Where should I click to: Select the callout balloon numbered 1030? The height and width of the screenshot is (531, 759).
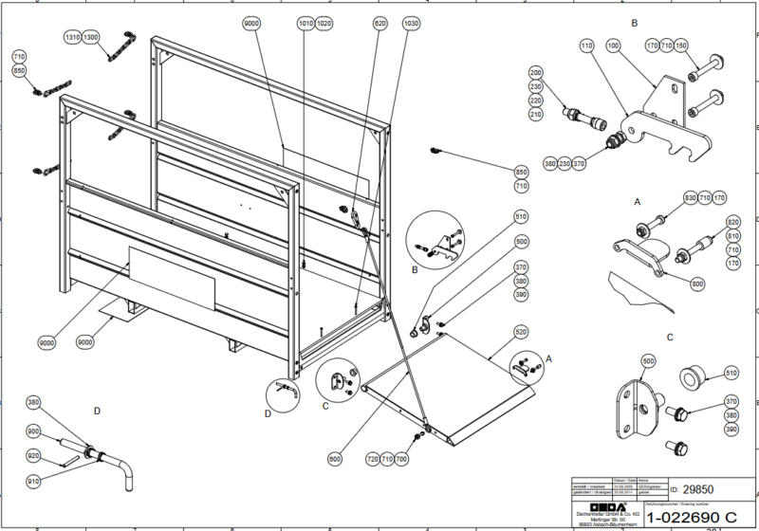pos(410,22)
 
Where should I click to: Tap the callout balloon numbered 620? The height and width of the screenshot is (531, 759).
pos(380,22)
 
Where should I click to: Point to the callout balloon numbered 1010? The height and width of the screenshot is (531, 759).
pos(305,22)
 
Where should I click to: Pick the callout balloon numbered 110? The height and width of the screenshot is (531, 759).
pos(585,45)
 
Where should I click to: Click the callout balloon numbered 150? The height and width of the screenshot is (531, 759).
pos(706,45)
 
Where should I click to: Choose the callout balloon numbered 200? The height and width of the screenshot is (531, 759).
pos(535,73)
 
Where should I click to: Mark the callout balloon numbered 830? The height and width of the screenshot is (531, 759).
pos(691,197)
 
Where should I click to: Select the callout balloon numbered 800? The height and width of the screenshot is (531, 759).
pos(698,284)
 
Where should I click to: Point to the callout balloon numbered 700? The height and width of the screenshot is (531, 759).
pos(401,458)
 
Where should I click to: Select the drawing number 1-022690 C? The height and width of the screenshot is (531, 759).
pos(691,517)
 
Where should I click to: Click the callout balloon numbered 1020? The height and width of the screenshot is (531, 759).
pos(324,22)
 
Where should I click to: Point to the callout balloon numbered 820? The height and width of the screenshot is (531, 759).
pos(732,222)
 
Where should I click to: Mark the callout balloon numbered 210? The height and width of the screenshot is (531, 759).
pos(535,114)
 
